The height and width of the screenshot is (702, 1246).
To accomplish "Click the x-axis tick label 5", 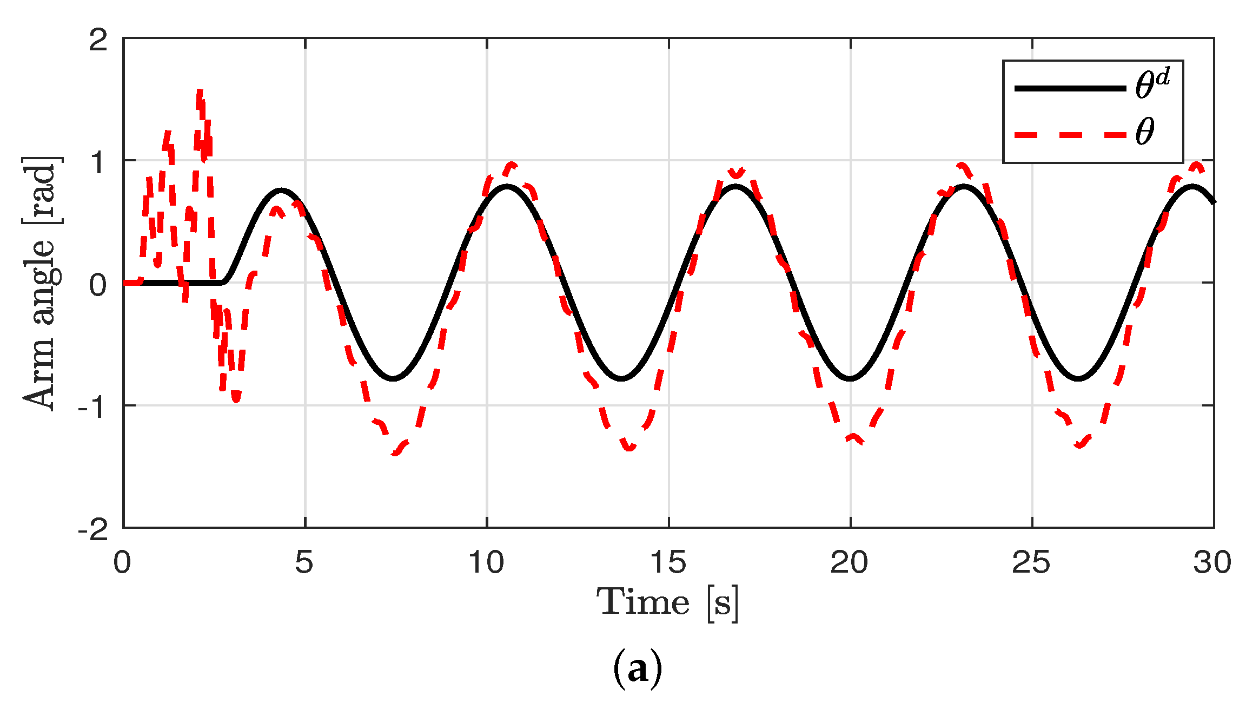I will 304,563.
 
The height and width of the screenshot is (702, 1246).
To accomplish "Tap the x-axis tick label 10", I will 486,563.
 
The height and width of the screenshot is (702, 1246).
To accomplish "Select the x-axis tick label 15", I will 668,563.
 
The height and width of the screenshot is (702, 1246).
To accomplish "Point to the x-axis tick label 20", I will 849,563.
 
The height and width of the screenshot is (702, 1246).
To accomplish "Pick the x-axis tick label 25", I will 1031,563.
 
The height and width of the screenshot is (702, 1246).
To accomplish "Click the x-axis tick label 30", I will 1212,563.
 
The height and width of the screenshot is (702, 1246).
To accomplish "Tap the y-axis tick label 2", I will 98,40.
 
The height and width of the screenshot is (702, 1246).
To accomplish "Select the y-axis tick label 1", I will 98,162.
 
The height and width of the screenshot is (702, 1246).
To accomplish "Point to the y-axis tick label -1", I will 92,406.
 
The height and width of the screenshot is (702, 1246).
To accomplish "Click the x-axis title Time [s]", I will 668,602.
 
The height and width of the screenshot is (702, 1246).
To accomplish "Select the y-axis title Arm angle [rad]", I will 41,283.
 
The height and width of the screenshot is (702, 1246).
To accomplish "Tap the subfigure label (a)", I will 637,670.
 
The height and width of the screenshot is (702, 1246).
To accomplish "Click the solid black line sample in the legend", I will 1070,88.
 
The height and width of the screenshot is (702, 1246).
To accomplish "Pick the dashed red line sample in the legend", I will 1070,134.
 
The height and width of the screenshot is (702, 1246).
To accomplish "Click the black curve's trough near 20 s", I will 850,378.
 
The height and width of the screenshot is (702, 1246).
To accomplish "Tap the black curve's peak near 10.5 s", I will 507,187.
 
